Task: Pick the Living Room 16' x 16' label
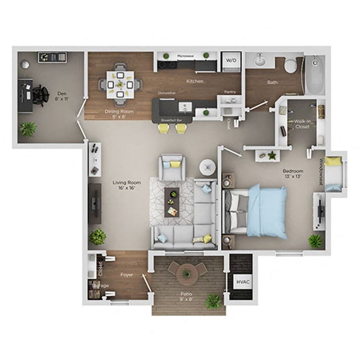tap(127, 185)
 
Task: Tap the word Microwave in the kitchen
tap(185, 55)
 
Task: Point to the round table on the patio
tap(187, 271)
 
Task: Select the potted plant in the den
tap(28, 128)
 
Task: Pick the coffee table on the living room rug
tap(173, 203)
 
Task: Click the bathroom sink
tap(260, 61)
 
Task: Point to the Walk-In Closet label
tap(303, 124)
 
